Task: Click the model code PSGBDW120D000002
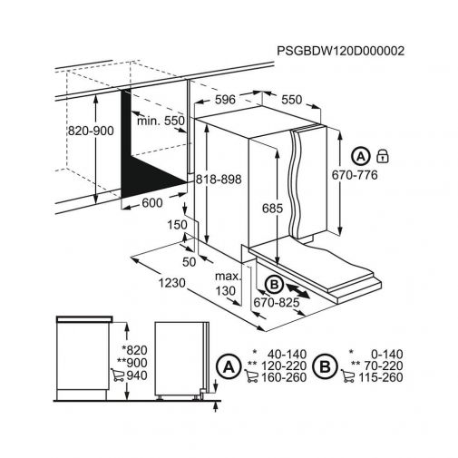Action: point(340,51)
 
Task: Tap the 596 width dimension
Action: point(225,100)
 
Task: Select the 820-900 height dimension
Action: point(91,131)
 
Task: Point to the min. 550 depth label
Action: point(161,121)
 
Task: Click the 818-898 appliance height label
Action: point(219,180)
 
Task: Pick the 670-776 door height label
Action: point(355,175)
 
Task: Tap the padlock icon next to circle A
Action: point(383,156)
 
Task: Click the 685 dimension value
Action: point(272,209)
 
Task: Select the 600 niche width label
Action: point(152,202)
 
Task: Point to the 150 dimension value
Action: point(177,225)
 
